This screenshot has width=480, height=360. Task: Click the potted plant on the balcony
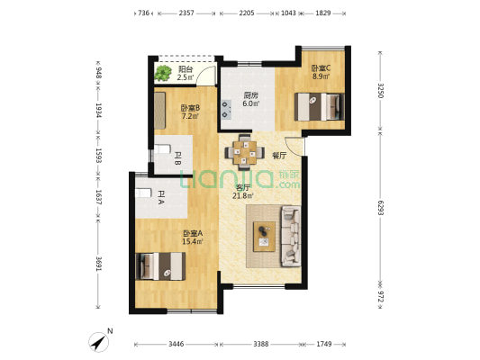point(162,73)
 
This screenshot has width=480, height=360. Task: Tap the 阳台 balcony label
point(186,69)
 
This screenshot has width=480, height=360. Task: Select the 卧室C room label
point(321,67)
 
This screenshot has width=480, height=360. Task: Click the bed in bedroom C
point(320,107)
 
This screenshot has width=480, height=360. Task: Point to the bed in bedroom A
point(160,266)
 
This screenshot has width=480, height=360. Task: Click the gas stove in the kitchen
point(226,110)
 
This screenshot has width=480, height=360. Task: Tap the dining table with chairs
point(245,152)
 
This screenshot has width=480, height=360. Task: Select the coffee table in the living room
point(264,237)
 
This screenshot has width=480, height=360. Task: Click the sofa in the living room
point(291,236)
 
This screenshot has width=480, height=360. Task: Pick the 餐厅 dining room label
point(279,156)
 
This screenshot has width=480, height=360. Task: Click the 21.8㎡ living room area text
point(243,196)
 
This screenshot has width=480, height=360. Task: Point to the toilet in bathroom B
point(162,149)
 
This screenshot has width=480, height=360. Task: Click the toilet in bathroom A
point(143,193)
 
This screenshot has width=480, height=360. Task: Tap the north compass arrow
point(99,342)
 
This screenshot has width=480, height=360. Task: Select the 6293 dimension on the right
point(380,208)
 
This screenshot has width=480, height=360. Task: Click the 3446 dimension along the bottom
point(177,344)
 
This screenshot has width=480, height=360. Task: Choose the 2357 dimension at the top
point(186,13)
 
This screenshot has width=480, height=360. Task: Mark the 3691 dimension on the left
point(98,264)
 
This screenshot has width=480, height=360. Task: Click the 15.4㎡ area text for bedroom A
point(193,241)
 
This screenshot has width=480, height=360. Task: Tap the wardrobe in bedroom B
point(159,111)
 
